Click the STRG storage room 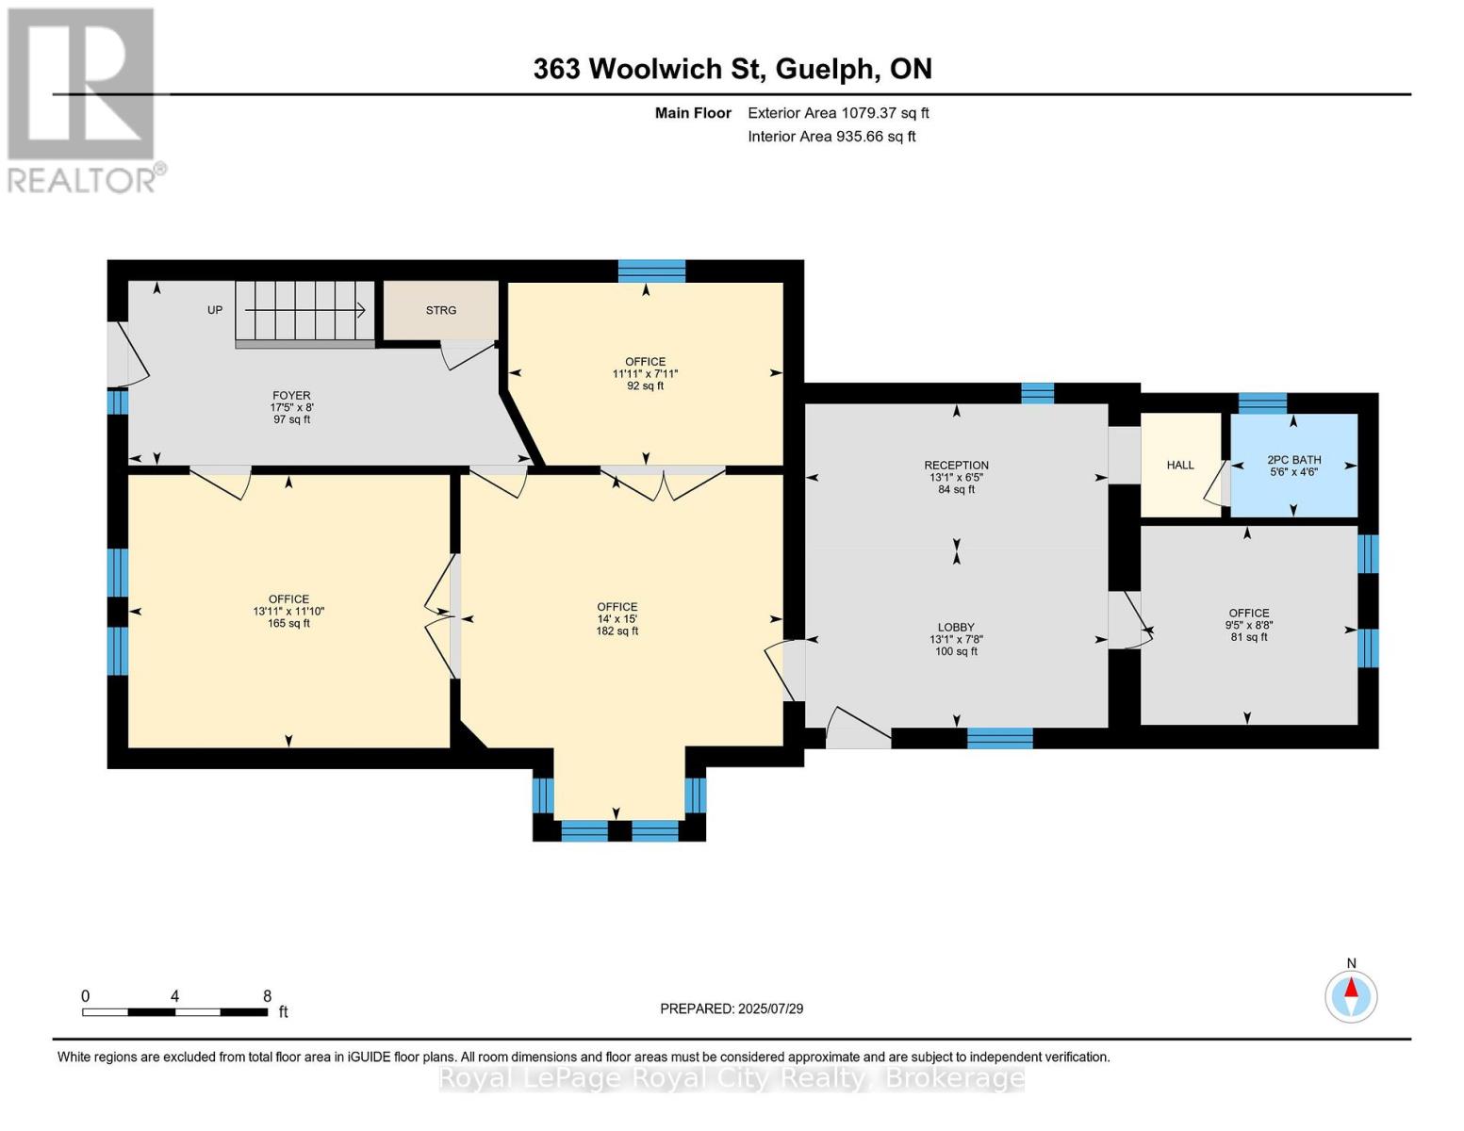440,310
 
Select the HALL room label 1179,465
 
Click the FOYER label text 291,396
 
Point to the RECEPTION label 956,466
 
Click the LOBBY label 956,628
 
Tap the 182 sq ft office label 617,619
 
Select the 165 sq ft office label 288,611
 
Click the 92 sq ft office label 645,373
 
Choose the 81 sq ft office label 1248,625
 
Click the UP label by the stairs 215,310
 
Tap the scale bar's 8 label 267,996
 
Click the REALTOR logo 83,100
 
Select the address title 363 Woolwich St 732,69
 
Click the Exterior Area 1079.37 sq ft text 838,113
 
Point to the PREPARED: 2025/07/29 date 732,1008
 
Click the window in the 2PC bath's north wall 1261,403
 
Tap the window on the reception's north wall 1037,393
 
